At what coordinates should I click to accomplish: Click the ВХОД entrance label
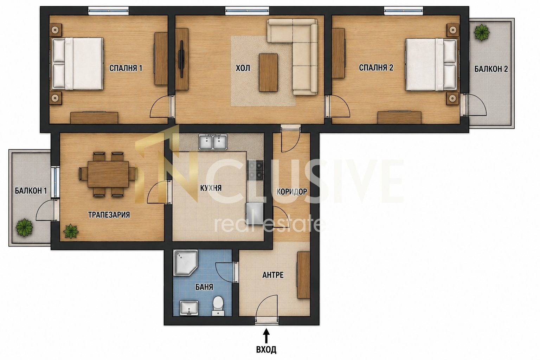pos(266,349)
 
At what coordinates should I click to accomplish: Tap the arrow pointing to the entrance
pos(266,336)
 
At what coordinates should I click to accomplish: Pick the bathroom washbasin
pos(189,308)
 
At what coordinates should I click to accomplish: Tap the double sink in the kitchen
pos(213,142)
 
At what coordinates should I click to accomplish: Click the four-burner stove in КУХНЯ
pos(255,170)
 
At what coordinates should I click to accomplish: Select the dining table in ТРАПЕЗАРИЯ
pos(108,174)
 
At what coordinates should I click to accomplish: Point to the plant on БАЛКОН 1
pos(24,227)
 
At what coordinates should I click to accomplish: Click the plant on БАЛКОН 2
pos(482,32)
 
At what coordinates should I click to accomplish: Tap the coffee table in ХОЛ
pos(268,72)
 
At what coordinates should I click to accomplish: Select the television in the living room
pos(182,59)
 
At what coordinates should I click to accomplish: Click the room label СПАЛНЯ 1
pos(126,68)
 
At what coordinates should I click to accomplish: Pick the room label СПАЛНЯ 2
pos(376,68)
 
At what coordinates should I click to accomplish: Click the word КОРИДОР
pos(292,192)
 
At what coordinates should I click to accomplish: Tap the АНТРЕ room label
pos(273,275)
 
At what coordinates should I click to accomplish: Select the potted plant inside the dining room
pos(71,231)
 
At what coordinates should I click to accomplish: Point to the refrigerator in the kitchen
pos(255,214)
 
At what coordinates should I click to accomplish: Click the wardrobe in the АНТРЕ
pos(304,275)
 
